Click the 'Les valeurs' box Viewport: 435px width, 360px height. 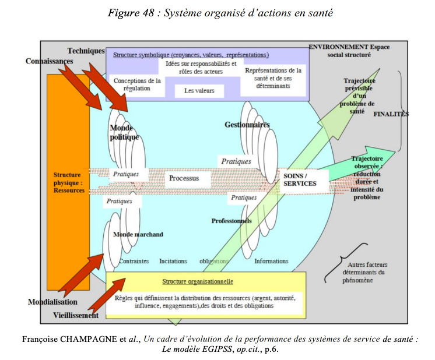point(199,91)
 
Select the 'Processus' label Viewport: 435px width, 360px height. point(184,178)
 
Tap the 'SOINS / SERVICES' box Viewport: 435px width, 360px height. point(304,180)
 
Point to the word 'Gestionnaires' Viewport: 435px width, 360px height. point(247,125)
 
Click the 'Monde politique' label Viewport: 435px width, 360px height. point(124,132)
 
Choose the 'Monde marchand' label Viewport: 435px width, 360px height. point(138,234)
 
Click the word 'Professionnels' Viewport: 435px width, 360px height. point(231,221)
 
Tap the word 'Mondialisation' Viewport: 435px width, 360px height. point(52,302)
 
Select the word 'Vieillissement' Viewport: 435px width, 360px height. point(76,315)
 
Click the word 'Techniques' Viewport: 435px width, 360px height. point(86,51)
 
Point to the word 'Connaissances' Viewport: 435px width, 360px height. point(50,61)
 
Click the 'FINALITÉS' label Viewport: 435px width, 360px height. point(391,114)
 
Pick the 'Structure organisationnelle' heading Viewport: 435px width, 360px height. point(198,281)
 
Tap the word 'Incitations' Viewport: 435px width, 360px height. point(173,261)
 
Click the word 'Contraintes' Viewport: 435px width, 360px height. point(134,261)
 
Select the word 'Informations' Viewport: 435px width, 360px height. point(271,261)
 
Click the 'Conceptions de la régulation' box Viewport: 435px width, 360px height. point(137,85)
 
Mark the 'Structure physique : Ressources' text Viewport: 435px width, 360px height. point(69,183)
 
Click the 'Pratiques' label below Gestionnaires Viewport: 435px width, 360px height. point(236,161)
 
